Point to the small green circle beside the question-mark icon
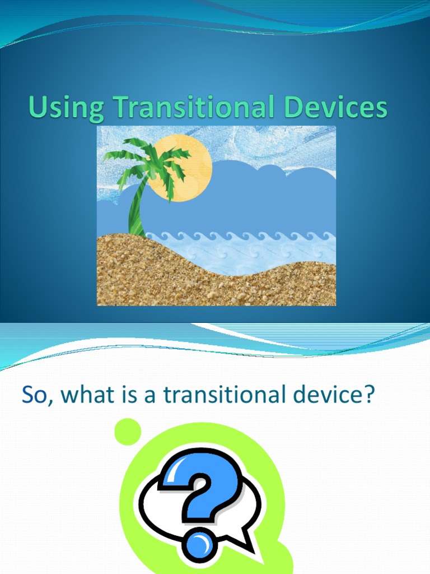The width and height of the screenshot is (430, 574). pos(127,431)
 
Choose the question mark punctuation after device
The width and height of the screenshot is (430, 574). pos(367,395)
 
